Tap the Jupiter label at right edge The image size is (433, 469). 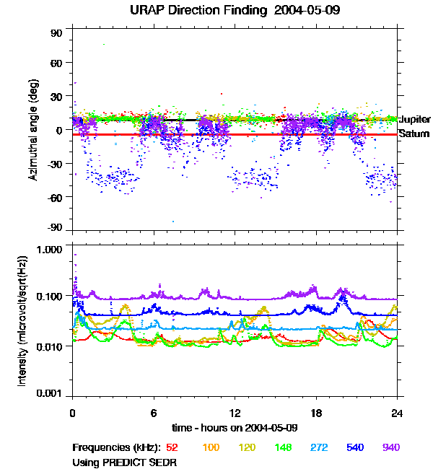click(x=416, y=119)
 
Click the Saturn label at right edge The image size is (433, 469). click(x=414, y=134)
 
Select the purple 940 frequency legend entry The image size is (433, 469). click(x=391, y=448)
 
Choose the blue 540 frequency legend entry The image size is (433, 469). click(x=355, y=448)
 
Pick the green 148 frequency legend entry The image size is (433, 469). click(x=283, y=448)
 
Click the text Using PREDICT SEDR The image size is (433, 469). click(x=124, y=462)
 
